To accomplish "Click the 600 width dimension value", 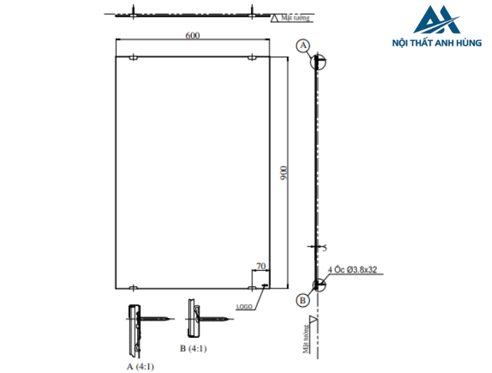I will (x=191, y=36).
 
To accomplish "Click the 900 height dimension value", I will (x=283, y=172).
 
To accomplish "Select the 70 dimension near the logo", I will (x=261, y=266).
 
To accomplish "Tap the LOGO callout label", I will (x=244, y=307).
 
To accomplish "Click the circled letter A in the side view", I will (x=304, y=46).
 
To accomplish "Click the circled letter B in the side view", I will (x=303, y=301).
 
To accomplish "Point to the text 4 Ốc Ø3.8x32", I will (x=353, y=269).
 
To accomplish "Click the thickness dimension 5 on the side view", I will (x=324, y=248).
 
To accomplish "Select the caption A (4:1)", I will (x=140, y=366).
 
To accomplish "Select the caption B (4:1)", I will (x=193, y=348).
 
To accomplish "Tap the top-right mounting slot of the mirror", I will (x=252, y=58).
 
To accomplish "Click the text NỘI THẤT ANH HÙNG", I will (x=436, y=43).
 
